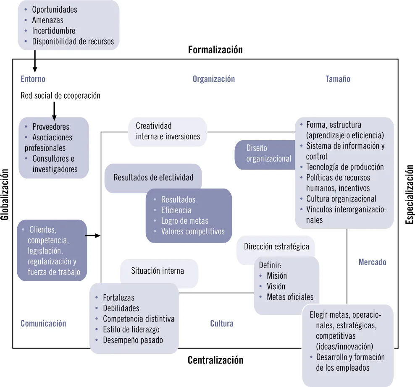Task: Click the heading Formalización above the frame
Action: tap(215, 50)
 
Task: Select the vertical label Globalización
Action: tap(5, 194)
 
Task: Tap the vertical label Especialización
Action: tap(410, 194)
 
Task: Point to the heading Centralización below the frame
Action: tap(215, 360)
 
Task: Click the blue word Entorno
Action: tap(33, 79)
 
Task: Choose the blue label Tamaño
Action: tap(338, 79)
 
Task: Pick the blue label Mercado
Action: tap(372, 262)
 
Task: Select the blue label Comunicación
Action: tap(43, 323)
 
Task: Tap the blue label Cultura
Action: tap(222, 323)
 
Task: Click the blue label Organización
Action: tap(213, 79)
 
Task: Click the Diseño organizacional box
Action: tap(265, 154)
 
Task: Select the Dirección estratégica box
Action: tap(276, 246)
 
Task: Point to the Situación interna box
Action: tap(158, 271)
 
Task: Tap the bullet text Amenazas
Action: tap(47, 20)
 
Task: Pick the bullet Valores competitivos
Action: tap(193, 231)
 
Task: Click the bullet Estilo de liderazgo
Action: tap(131, 329)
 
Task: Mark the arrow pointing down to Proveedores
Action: tap(54, 111)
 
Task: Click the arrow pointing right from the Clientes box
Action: tap(93, 236)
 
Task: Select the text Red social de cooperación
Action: tap(60, 96)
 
